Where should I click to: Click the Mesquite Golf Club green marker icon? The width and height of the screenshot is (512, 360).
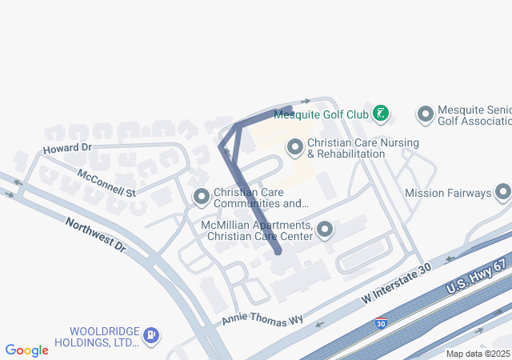(382, 114)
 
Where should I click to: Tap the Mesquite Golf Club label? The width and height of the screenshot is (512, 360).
(321, 114)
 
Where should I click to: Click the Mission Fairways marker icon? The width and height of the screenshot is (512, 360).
(503, 192)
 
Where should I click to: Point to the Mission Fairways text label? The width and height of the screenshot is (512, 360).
(448, 193)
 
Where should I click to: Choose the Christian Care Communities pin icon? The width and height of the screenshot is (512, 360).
(202, 197)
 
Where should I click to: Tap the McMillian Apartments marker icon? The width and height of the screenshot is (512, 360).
(325, 230)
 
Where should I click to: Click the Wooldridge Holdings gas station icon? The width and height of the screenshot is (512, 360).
(151, 335)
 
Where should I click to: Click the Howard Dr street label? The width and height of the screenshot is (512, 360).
(68, 149)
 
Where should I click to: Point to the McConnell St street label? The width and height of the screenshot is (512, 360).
(106, 183)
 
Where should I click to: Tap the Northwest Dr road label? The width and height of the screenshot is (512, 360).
(96, 235)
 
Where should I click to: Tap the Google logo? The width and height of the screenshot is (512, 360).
(27, 350)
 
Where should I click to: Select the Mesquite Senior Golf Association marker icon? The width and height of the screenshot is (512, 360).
(425, 114)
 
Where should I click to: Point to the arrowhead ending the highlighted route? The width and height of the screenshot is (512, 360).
(306, 102)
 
